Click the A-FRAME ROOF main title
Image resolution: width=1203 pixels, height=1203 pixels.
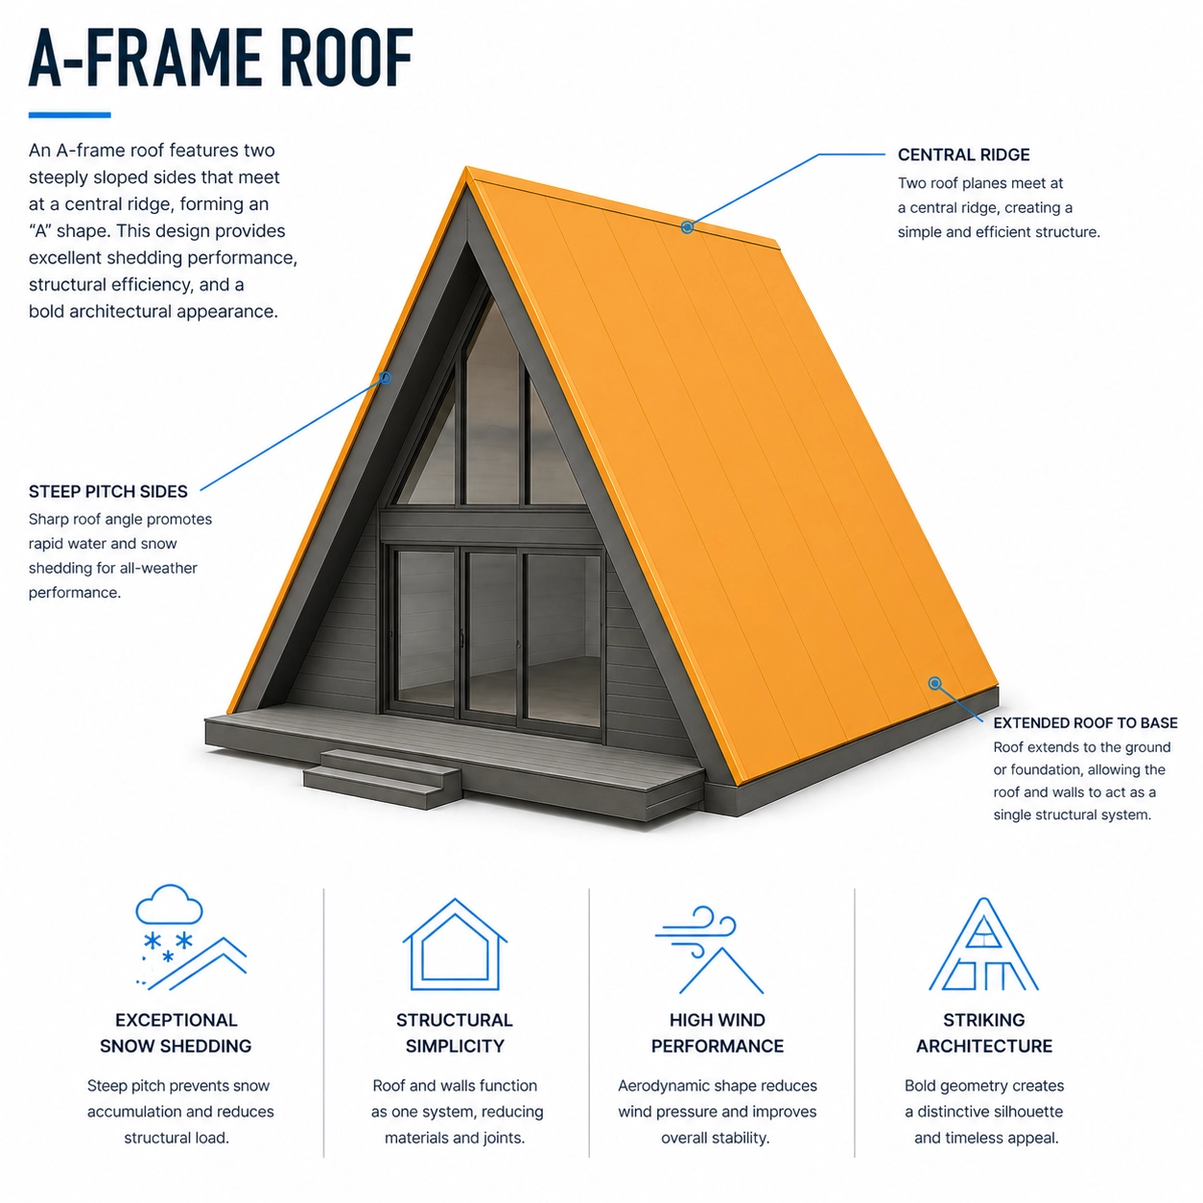click(221, 58)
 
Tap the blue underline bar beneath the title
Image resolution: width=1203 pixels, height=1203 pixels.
click(69, 115)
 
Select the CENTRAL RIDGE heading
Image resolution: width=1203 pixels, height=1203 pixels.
click(963, 154)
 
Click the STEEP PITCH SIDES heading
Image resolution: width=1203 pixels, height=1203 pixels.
click(108, 491)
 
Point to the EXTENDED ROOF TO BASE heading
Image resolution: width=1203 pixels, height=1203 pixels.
click(1085, 723)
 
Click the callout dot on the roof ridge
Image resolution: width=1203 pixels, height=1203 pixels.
click(687, 227)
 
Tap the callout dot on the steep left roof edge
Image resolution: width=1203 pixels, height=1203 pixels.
click(386, 377)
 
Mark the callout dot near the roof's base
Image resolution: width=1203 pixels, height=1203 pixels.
click(934, 683)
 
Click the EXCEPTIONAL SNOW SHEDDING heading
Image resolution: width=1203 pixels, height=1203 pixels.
click(177, 1032)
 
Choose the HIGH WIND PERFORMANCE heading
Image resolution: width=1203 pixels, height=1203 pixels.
click(718, 1032)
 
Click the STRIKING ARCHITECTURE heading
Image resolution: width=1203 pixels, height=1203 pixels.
click(984, 1032)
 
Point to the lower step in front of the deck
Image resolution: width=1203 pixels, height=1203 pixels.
click(383, 789)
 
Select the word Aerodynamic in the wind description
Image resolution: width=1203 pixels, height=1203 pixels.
click(657, 1086)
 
